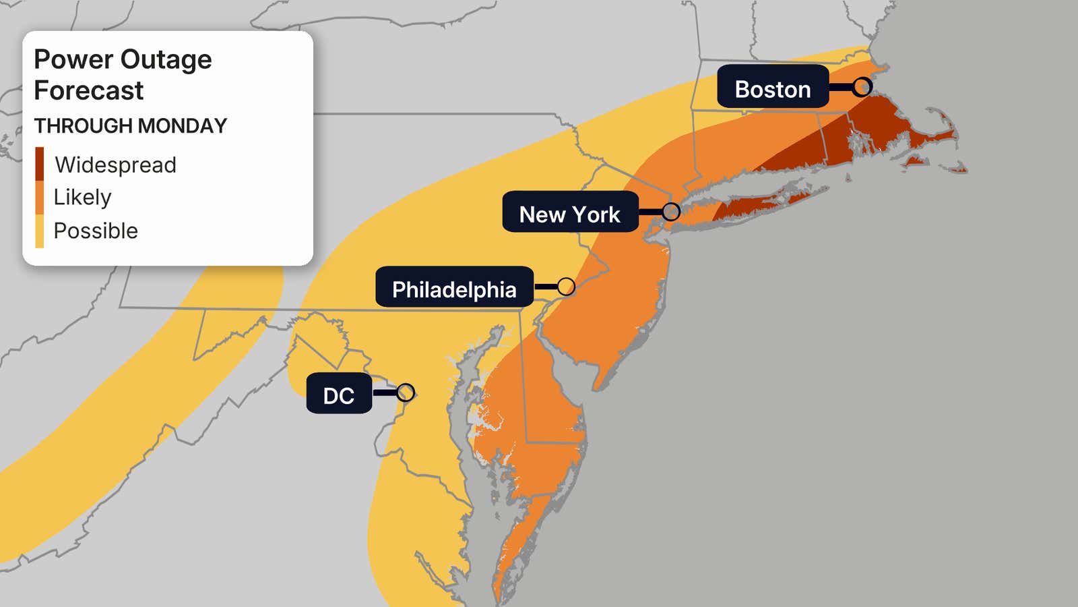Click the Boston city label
point(772,89)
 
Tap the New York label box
point(569,214)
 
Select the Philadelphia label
point(454,289)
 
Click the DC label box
point(338,395)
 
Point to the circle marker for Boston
point(862,86)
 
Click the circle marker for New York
point(670,211)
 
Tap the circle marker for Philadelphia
point(566,287)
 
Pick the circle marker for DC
point(406,392)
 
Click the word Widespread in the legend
point(115,165)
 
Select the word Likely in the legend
point(82,197)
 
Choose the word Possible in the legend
point(96,231)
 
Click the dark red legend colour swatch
point(40,164)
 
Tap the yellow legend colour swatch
point(40,231)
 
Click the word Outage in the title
point(166,60)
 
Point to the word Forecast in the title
point(88,90)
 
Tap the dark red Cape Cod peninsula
point(933,139)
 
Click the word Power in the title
point(73,60)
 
